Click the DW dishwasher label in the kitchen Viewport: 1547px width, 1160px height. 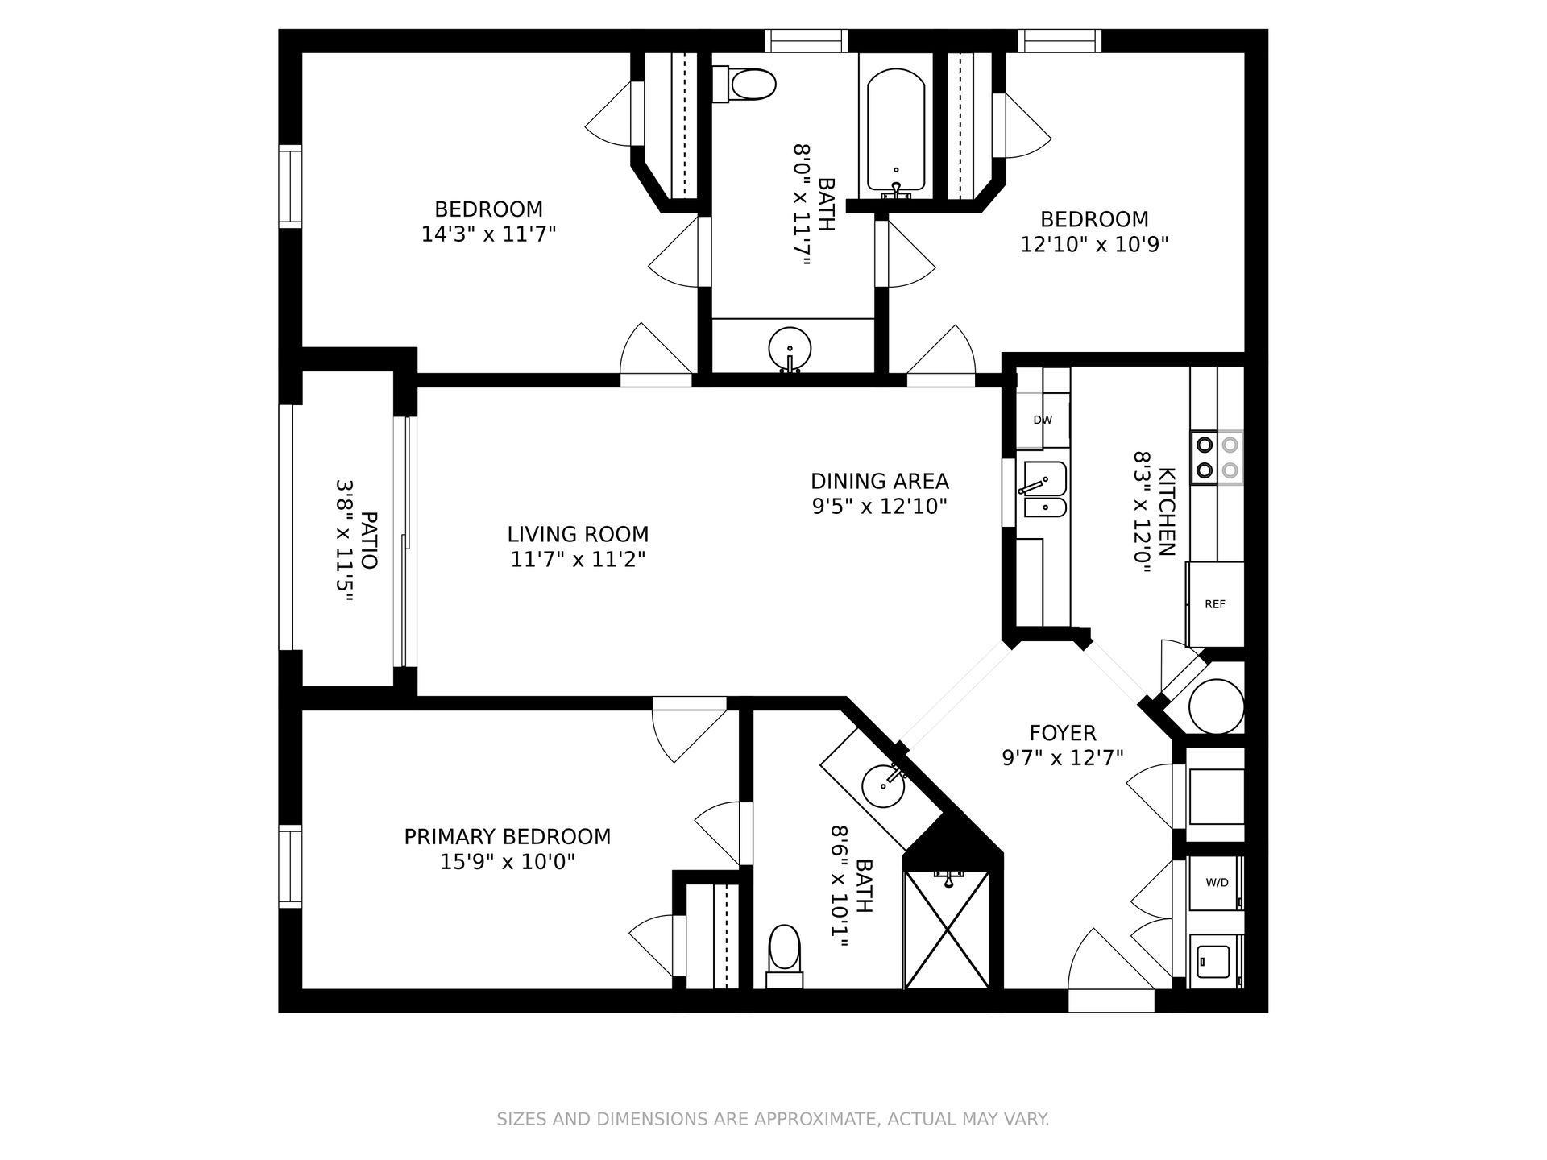[x=1043, y=420]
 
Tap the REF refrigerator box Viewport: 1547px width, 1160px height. [x=1215, y=604]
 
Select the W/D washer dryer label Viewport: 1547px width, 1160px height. [x=1217, y=882]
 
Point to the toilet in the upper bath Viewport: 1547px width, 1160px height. [x=744, y=84]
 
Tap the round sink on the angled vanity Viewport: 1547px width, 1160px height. [x=882, y=786]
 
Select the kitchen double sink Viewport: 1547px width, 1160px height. [x=1042, y=489]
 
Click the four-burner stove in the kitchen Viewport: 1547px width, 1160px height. [x=1217, y=457]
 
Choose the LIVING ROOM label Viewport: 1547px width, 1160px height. [x=578, y=534]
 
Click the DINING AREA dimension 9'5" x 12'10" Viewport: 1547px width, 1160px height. [x=879, y=506]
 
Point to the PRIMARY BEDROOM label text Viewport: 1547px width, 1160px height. [x=508, y=837]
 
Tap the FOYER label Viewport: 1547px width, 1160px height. [x=1063, y=733]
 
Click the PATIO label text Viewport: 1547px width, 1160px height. [x=368, y=540]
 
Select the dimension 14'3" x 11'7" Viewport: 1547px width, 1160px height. [x=489, y=234]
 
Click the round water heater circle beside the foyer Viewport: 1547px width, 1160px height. [x=1217, y=706]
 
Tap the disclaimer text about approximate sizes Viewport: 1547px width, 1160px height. [x=773, y=1119]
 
